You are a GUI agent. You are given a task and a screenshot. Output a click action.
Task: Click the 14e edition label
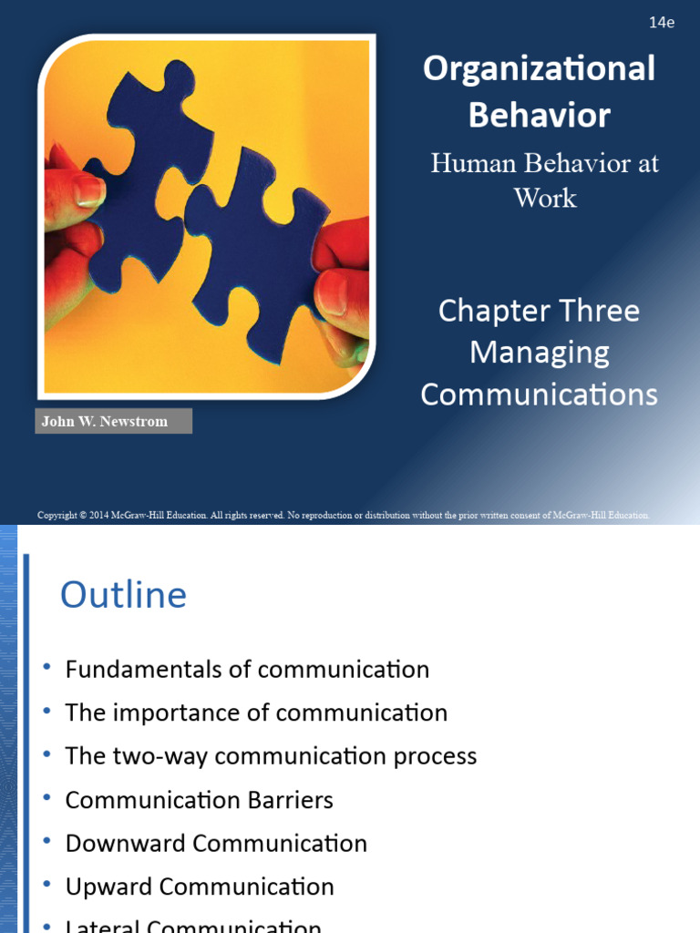click(x=662, y=23)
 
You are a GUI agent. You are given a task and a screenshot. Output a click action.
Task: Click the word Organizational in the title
click(x=539, y=69)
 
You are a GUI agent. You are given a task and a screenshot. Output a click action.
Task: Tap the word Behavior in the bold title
click(x=539, y=115)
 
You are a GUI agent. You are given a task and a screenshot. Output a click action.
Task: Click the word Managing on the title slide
click(x=539, y=353)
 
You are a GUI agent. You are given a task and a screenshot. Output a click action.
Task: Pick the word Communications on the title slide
click(x=539, y=395)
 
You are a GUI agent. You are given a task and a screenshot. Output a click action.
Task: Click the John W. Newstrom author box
click(x=113, y=422)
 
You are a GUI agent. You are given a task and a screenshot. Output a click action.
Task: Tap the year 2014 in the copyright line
click(x=100, y=516)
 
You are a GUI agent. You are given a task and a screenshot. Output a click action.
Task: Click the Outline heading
click(x=123, y=596)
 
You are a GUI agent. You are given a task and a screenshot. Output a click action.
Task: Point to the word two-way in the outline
click(x=150, y=756)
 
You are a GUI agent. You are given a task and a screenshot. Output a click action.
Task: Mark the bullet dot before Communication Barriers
click(x=46, y=799)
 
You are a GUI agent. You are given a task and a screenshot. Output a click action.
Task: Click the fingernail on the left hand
click(x=89, y=190)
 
